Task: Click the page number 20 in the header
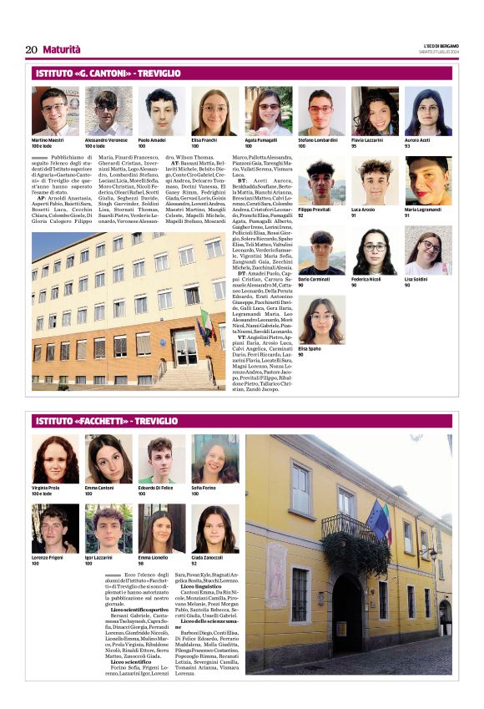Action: tap(31, 49)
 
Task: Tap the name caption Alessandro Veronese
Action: tap(106, 139)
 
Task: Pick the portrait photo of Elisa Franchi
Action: tap(214, 111)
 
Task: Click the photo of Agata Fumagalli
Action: tap(267, 111)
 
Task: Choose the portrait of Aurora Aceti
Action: tap(428, 111)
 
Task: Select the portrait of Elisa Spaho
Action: tap(321, 321)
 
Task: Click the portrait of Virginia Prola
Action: tap(55, 459)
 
